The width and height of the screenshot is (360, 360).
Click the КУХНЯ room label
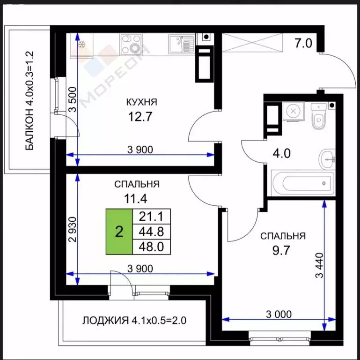coord(141,102)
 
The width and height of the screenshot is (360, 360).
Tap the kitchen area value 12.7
coord(141,115)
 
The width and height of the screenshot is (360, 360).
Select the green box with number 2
coord(119,232)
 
